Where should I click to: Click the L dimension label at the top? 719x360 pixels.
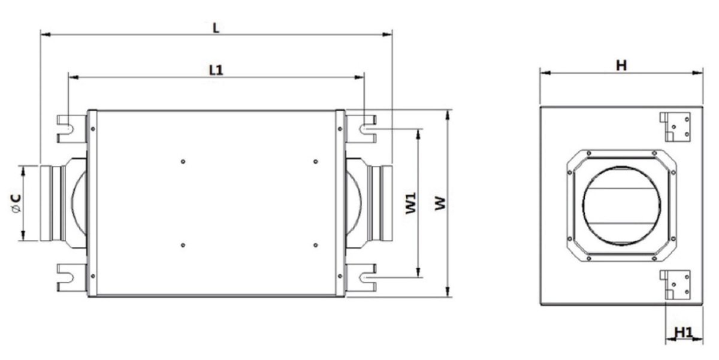pyautogui.click(x=216, y=28)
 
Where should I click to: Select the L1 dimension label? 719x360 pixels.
pyautogui.click(x=216, y=70)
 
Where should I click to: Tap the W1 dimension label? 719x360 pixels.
pyautogui.click(x=410, y=203)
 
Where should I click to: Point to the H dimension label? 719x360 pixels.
pyautogui.click(x=621, y=65)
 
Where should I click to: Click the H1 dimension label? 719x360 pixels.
pyautogui.click(x=684, y=332)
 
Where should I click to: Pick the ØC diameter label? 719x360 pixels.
pyautogui.click(x=16, y=204)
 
